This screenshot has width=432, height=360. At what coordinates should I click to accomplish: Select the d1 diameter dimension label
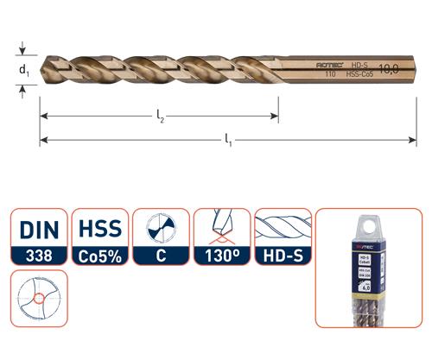point(25,70)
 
